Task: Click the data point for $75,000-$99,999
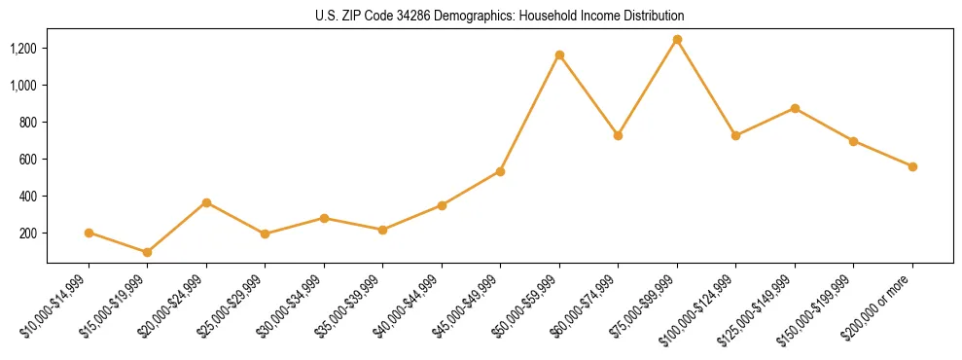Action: [677, 40]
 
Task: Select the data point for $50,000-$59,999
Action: [559, 54]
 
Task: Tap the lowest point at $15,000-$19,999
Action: [147, 252]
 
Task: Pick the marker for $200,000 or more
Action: [912, 166]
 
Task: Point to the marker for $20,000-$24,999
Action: [206, 202]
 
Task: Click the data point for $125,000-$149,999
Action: [795, 108]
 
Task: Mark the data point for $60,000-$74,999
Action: [618, 135]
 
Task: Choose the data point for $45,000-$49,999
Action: [500, 171]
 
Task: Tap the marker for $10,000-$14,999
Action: [89, 233]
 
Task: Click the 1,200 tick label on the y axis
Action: [24, 49]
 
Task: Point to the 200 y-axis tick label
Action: [29, 234]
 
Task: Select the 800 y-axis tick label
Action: [29, 123]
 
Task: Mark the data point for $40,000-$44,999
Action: [442, 205]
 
